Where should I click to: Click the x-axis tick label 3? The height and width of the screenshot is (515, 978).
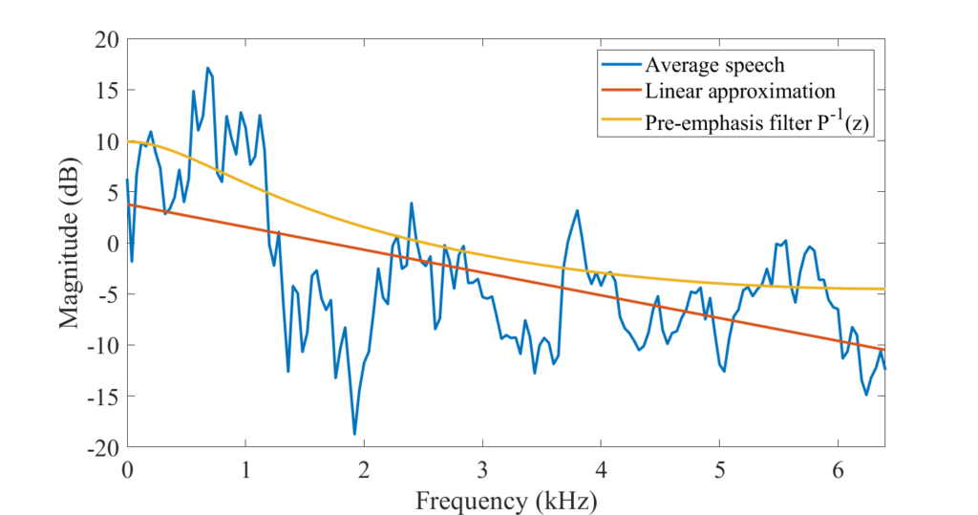point(483,470)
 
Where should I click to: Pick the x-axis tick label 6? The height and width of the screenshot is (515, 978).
point(839,470)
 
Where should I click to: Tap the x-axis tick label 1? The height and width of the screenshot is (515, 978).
point(245,470)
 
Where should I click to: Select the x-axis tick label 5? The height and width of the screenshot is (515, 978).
point(720,470)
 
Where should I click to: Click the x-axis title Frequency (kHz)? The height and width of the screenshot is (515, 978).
point(506,499)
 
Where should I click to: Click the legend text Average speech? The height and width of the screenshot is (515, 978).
point(714,66)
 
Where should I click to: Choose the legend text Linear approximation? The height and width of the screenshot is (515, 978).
point(740,92)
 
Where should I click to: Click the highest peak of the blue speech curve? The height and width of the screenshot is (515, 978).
point(207,69)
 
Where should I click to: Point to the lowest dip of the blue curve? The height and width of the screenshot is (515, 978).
point(354,434)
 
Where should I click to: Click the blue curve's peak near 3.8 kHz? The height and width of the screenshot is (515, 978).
point(577,210)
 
